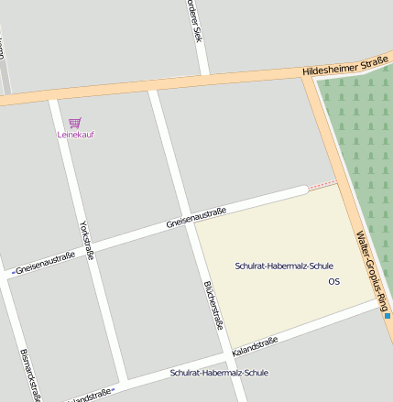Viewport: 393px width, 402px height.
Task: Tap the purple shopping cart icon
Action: (x=75, y=123)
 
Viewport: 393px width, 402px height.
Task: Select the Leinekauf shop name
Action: (x=76, y=135)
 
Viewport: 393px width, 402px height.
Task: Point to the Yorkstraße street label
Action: (x=87, y=240)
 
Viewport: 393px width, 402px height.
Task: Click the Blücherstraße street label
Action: (x=213, y=304)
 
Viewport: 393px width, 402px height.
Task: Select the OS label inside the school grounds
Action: (x=333, y=281)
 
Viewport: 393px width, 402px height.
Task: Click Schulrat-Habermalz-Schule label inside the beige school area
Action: (x=284, y=266)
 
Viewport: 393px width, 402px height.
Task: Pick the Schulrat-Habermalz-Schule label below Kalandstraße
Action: (x=219, y=373)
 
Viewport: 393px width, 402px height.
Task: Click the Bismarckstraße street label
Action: (x=30, y=375)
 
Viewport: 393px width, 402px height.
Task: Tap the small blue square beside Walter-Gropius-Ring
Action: (x=388, y=316)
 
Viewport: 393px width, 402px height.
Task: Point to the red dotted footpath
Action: (x=322, y=186)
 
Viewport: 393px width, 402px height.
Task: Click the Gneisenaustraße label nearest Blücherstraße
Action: (x=196, y=218)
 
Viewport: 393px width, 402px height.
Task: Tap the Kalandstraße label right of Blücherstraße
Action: (x=255, y=345)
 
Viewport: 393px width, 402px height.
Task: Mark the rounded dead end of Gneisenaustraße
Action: (x=303, y=190)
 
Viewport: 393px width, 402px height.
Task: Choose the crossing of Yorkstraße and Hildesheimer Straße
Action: (x=56, y=94)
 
